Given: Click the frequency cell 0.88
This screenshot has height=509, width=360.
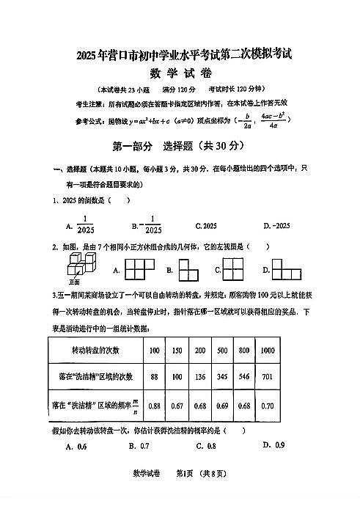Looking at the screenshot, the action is [x=154, y=406].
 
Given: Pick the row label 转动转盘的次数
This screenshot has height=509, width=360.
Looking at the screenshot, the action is [x=97, y=351].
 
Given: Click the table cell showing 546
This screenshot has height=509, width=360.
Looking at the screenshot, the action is [x=245, y=377].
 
